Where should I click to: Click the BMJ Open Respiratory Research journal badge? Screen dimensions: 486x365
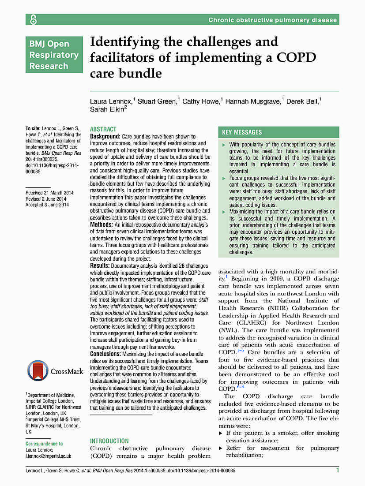point(54,55)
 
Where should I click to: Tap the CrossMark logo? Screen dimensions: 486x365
point(55,371)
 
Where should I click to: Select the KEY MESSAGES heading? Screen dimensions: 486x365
point(242,132)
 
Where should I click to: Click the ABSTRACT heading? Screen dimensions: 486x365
point(103,129)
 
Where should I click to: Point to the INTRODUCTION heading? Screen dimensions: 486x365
point(109,441)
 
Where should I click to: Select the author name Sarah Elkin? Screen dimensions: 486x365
point(107,109)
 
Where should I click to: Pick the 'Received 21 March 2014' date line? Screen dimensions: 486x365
point(49,193)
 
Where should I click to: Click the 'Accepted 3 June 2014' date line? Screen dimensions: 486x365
point(47,205)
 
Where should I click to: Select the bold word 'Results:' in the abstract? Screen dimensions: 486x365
point(100,265)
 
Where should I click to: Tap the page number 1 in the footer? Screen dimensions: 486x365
point(337,471)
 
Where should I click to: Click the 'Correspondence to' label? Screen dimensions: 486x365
point(44,444)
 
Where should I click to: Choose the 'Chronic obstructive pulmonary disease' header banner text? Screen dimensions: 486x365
point(272,20)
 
